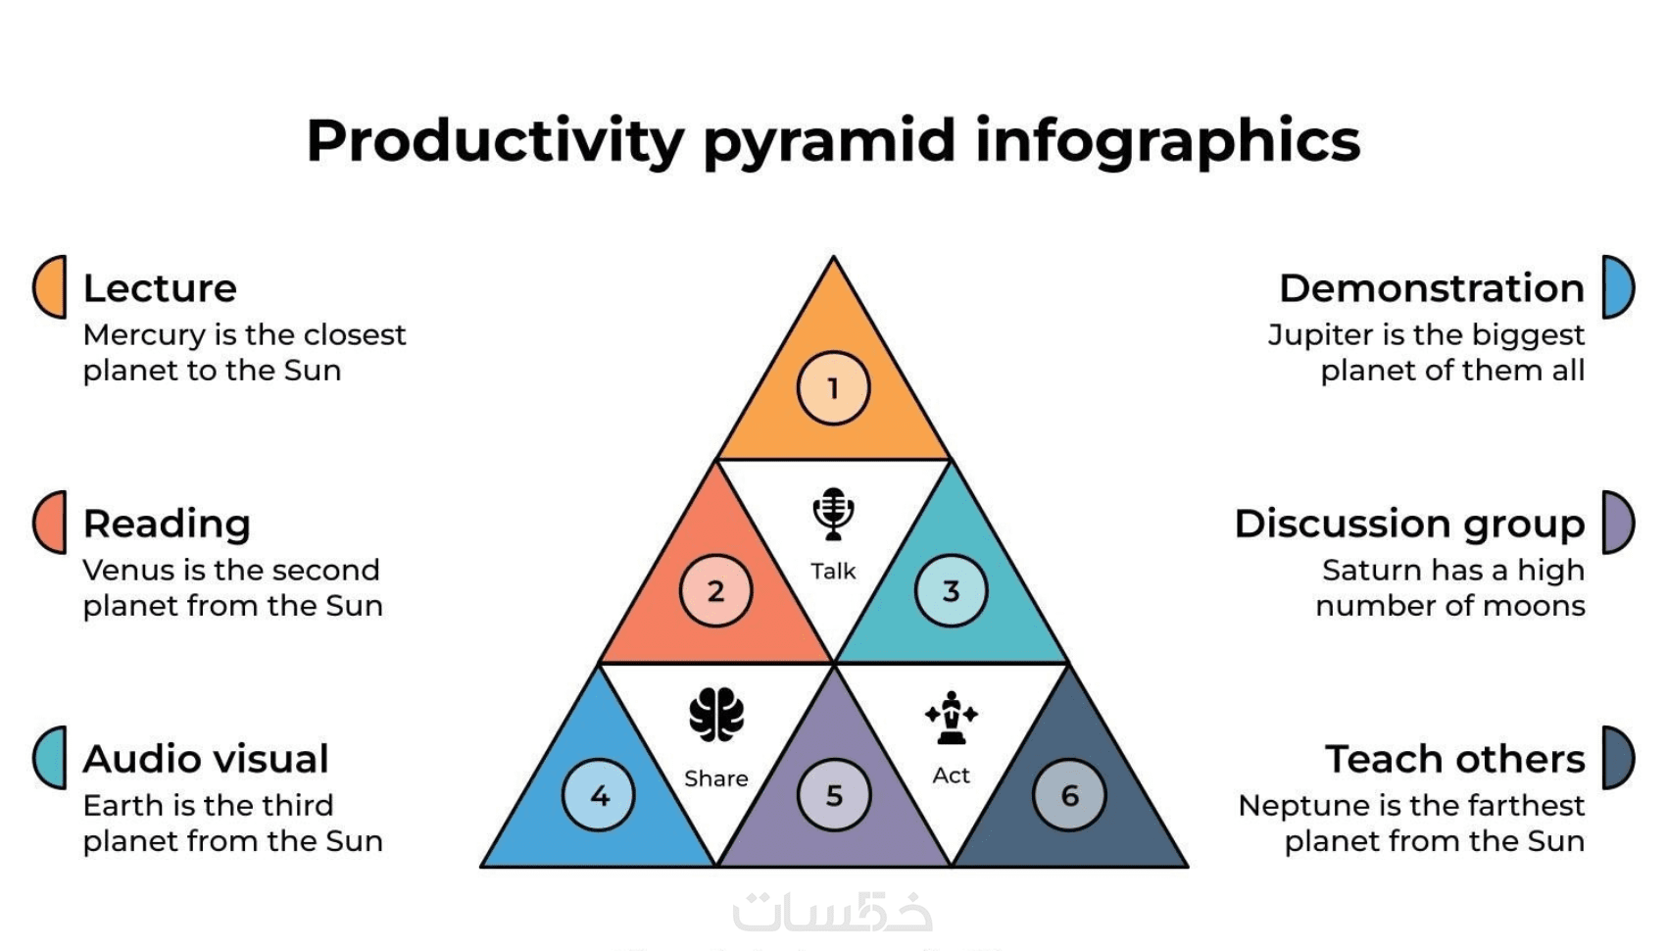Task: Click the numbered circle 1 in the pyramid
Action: coord(833,387)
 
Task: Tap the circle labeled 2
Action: coord(715,591)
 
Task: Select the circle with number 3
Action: coord(952,591)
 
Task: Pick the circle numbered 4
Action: coord(598,795)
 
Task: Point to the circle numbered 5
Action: coord(834,795)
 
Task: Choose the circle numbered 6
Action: coord(1069,795)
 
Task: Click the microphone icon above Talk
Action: coord(833,514)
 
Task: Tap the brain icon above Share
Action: coord(716,715)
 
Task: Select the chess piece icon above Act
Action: coord(952,718)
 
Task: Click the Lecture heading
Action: coord(160,288)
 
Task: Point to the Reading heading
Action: coord(167,525)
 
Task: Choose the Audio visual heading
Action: coord(206,759)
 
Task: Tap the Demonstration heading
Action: coord(1432,288)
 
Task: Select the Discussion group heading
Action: coord(1409,525)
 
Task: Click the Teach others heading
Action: coord(1454,759)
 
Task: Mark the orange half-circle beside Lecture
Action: coord(49,287)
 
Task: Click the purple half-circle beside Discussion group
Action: coord(1618,523)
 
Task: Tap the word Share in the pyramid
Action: coord(716,778)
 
